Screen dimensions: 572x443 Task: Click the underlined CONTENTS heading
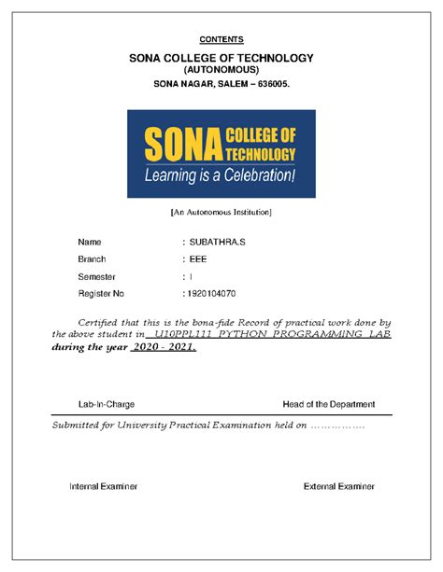(x=221, y=39)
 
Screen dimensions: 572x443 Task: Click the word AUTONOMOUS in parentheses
(x=221, y=71)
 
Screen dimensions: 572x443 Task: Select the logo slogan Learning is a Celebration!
(x=220, y=174)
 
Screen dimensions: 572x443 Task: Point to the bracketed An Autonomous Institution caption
(x=221, y=212)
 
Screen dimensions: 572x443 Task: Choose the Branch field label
(x=92, y=259)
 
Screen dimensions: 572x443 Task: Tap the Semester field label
(x=97, y=277)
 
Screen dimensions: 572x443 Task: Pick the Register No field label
(x=101, y=294)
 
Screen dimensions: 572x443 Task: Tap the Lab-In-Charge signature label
(x=106, y=404)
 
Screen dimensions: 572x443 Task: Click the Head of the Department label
(x=328, y=404)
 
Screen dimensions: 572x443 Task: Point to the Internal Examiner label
(x=104, y=486)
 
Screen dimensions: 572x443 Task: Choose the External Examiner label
(x=339, y=486)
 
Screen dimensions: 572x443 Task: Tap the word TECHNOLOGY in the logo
(x=261, y=153)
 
